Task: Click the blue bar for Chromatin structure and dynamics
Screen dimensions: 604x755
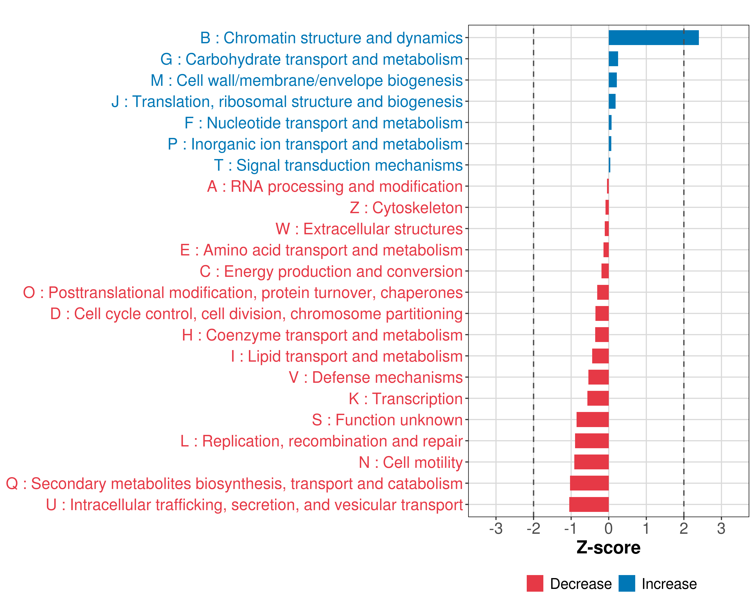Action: (x=653, y=38)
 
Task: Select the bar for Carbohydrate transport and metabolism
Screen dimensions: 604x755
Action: (x=613, y=59)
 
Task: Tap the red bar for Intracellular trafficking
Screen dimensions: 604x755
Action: (x=589, y=505)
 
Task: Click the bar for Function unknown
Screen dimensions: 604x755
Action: (x=592, y=420)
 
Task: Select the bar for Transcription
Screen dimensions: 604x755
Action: (x=598, y=398)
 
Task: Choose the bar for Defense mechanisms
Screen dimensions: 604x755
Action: (x=598, y=377)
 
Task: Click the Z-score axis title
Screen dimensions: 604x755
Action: (x=608, y=548)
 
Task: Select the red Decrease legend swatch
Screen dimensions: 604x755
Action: (x=535, y=583)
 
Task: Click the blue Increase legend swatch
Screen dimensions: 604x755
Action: (x=626, y=583)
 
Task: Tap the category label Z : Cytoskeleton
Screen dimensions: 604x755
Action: (x=406, y=208)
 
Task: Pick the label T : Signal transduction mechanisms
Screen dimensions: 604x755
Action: (x=338, y=165)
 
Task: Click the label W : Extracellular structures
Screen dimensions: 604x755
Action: (x=369, y=229)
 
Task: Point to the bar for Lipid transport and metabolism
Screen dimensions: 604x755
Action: (x=600, y=356)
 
